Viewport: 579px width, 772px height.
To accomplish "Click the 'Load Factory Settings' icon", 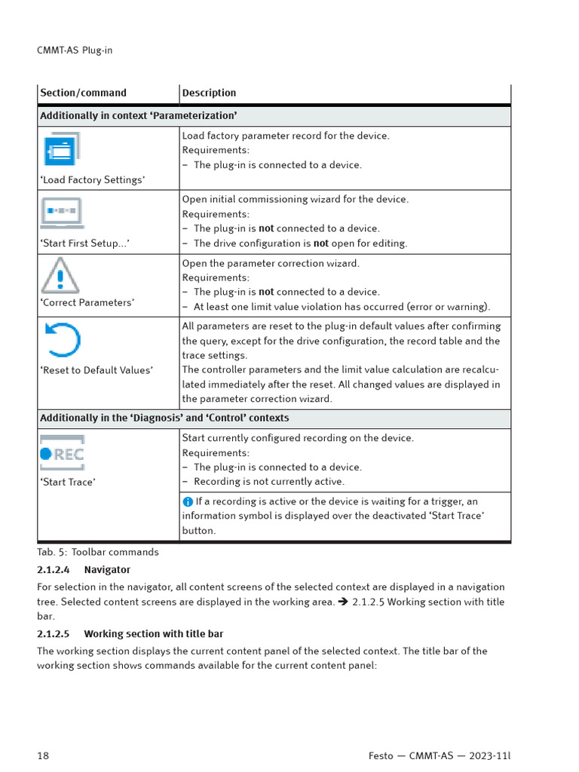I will (x=61, y=149).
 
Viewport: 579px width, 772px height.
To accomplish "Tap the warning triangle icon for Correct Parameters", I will (x=60, y=275).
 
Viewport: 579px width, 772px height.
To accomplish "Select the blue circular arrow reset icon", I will (x=62, y=340).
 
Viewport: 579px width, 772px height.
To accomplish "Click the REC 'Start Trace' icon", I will (x=62, y=452).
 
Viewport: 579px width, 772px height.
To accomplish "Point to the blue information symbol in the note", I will (x=188, y=501).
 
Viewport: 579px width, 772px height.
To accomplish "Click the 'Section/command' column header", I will (x=83, y=93).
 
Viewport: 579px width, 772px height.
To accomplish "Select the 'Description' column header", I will (x=209, y=93).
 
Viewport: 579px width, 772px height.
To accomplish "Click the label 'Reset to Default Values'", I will (x=96, y=370).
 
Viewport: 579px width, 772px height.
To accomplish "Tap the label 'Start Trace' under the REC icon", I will (x=68, y=482).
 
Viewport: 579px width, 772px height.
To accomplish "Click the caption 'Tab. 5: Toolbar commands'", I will (x=98, y=552).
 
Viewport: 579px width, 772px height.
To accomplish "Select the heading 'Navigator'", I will (x=107, y=570).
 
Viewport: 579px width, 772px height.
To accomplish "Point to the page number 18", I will (x=43, y=755).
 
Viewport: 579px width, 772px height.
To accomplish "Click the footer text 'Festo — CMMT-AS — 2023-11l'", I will (x=445, y=755).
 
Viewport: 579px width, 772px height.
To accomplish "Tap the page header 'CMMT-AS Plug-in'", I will (x=75, y=51).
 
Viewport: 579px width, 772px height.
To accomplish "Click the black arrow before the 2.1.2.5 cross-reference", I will (x=343, y=602).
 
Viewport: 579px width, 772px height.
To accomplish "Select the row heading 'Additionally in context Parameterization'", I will (x=138, y=115).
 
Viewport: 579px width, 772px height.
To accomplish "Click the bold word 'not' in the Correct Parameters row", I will (x=266, y=292).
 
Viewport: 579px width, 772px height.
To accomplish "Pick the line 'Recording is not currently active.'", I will (x=268, y=482).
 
